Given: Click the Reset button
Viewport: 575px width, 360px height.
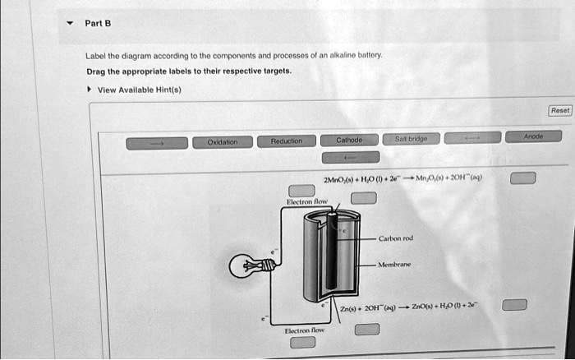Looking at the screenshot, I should coord(559,110).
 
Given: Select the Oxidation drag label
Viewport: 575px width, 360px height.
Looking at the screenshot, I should coord(222,142).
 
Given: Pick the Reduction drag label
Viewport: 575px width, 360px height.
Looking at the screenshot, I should coord(287,141).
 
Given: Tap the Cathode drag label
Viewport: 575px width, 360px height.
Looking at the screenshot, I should coord(350,141).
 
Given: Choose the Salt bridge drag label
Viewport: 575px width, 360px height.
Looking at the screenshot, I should coord(411,139).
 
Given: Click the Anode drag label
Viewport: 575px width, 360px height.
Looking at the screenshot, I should coord(532,137).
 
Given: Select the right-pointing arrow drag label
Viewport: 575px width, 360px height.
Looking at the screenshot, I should coord(156,143).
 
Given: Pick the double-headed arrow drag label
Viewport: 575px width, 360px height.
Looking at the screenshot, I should coord(471,138).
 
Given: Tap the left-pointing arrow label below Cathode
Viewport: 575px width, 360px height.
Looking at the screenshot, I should coord(350,156).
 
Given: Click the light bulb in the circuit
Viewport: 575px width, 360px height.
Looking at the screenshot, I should coord(247,264).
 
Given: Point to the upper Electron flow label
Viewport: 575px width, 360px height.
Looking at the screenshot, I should coord(306,201).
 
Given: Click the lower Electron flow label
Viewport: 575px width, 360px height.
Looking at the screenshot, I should coord(304,330).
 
